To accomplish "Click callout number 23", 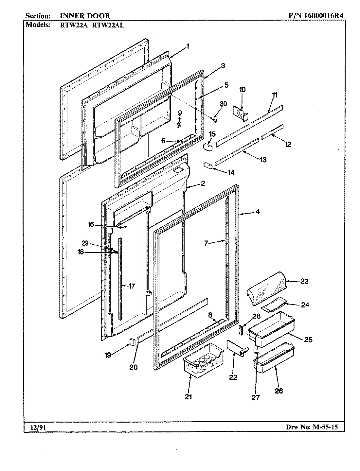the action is coord(304,281).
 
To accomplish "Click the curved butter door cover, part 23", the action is coord(267,288).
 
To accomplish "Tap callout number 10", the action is coord(242,89).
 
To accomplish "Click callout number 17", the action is coord(132,286).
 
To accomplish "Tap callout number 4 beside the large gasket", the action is coord(258,211).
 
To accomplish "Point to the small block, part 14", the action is coord(208,165).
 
